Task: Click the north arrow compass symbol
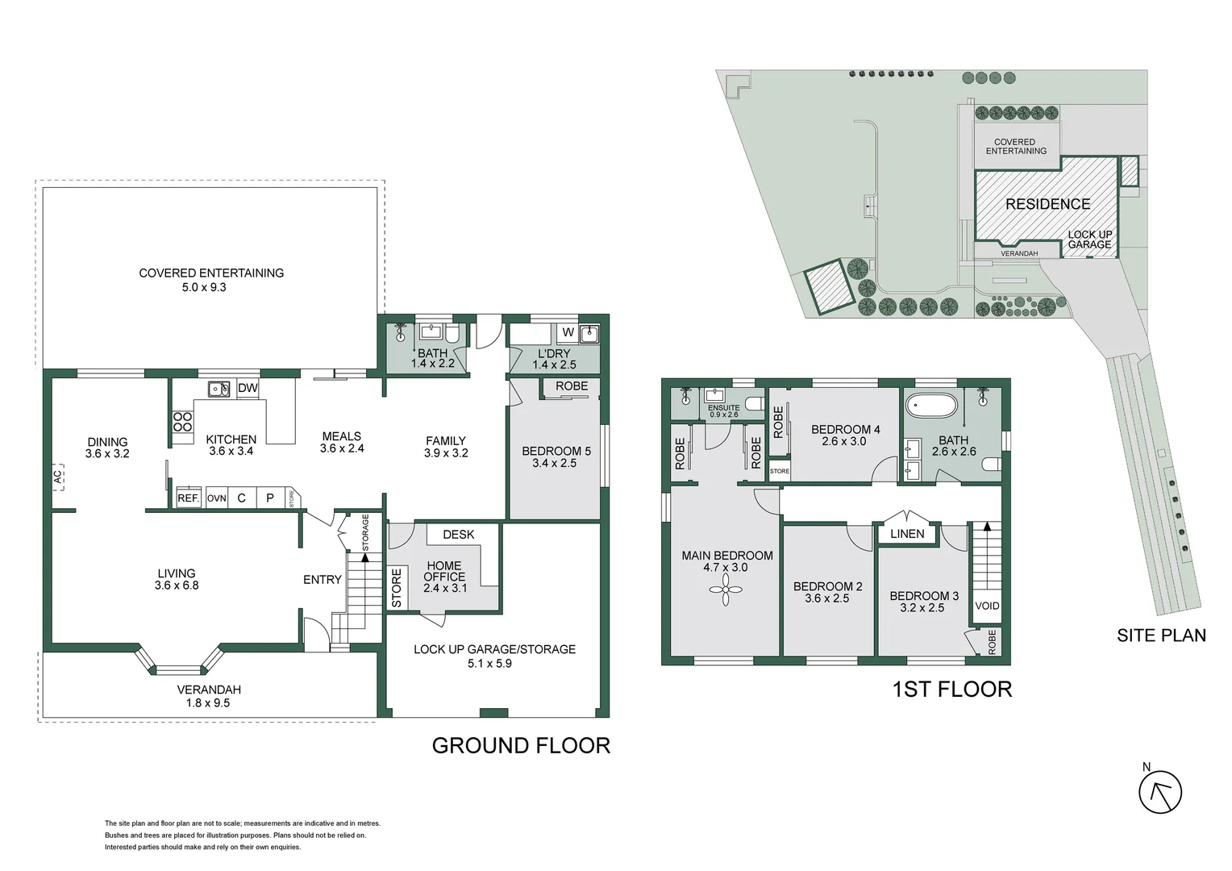1159,791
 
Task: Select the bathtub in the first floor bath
931,405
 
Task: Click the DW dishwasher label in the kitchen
248,389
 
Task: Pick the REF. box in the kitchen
189,498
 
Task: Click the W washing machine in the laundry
568,332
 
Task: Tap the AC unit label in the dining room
58,477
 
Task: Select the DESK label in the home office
458,534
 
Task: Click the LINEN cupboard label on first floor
907,534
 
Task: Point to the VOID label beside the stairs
987,606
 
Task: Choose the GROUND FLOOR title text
521,745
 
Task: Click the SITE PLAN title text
1161,636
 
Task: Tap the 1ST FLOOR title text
951,690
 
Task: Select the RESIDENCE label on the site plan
1047,204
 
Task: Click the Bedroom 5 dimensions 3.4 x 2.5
555,463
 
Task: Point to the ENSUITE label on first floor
723,408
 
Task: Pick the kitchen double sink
219,389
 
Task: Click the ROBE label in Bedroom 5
571,386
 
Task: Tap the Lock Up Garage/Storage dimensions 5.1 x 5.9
494,664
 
